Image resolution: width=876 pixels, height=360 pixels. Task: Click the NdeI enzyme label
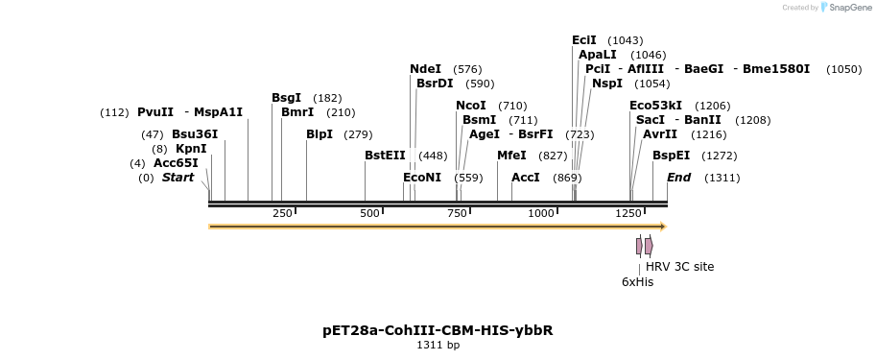point(425,69)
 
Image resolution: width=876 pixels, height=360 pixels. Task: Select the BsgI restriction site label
point(286,98)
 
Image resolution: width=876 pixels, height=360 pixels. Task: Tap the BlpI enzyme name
point(320,134)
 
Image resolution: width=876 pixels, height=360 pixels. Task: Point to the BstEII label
point(385,156)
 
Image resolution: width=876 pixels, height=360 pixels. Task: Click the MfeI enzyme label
point(511,156)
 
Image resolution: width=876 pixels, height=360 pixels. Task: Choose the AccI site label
point(526,178)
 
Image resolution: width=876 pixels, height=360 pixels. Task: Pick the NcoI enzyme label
point(471,106)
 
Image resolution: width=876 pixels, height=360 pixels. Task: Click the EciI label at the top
point(583,40)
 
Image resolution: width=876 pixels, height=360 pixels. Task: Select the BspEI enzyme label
point(671,156)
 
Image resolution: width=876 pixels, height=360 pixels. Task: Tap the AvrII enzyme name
point(660,134)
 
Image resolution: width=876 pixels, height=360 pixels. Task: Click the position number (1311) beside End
point(722,178)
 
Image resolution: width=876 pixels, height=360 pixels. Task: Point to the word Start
point(178,178)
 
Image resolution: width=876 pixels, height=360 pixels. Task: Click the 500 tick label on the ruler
point(369,213)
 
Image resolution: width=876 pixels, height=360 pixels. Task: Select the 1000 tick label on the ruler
point(541,213)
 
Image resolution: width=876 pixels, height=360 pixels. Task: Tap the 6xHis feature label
point(637,282)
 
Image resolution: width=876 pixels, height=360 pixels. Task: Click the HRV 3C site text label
point(679,267)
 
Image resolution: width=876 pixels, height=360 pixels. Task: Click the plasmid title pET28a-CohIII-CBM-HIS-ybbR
point(438,330)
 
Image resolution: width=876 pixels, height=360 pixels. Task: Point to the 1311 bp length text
point(438,346)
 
